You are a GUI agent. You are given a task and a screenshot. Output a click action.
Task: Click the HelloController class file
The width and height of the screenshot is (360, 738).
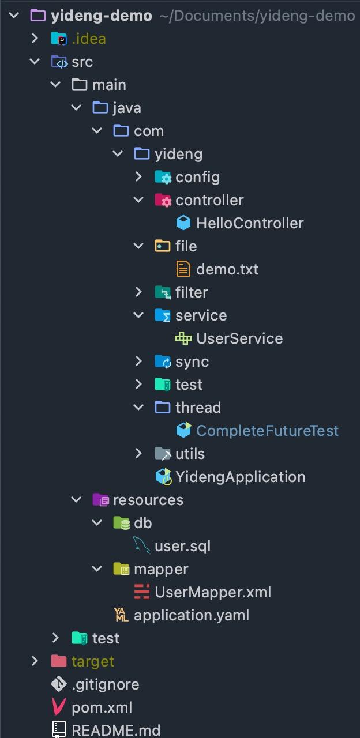(x=249, y=223)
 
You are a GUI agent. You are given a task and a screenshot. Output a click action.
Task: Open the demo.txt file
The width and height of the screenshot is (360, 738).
(x=227, y=269)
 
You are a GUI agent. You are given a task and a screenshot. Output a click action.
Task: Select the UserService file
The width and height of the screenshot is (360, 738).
(x=239, y=338)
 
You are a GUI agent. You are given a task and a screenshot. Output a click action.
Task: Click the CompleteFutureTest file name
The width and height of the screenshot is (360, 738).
(x=267, y=431)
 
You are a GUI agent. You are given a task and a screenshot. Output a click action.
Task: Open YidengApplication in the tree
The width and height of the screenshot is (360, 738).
(x=240, y=477)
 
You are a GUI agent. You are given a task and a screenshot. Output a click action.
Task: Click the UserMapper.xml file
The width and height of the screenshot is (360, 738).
(x=212, y=592)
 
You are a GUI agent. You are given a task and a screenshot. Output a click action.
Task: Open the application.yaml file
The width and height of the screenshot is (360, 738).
(x=191, y=615)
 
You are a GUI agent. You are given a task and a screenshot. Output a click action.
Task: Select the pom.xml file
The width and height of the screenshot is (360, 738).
(x=102, y=707)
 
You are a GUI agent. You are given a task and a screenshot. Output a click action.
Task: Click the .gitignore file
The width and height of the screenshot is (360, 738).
(x=105, y=684)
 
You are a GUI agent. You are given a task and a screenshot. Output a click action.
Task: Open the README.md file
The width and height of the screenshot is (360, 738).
(x=115, y=730)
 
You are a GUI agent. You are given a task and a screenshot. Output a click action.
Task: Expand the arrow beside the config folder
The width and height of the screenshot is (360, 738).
(x=138, y=177)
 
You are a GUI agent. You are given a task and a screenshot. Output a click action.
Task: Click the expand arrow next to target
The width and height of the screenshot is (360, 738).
(x=35, y=661)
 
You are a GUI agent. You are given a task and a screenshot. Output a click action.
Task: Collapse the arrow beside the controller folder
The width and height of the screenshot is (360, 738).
(x=138, y=200)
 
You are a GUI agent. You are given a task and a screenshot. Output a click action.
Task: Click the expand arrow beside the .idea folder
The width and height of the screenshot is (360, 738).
(x=35, y=39)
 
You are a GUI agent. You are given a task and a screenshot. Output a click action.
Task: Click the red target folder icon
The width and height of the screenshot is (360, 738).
(x=59, y=661)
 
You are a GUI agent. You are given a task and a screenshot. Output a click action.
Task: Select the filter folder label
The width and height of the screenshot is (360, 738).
(x=192, y=292)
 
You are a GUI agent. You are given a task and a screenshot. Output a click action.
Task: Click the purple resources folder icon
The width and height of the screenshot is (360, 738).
(x=100, y=500)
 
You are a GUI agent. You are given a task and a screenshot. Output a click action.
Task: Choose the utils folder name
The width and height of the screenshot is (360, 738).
(x=190, y=454)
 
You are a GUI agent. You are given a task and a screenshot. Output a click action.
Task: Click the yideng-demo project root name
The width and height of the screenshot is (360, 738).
(x=101, y=16)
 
